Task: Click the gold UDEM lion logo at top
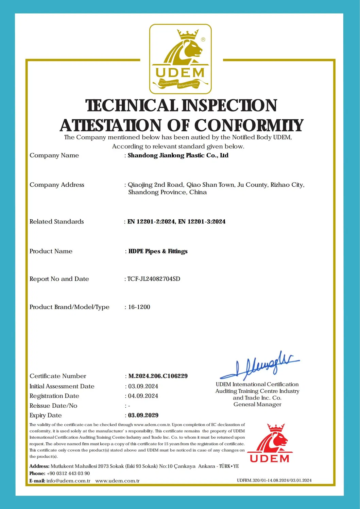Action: [180, 59]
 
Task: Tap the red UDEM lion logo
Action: [270, 443]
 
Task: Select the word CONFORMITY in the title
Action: [248, 125]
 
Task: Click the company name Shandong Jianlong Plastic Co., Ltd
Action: [178, 155]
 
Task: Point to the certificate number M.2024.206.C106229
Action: [158, 376]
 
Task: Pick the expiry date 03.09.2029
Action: [143, 415]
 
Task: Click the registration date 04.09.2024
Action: [143, 396]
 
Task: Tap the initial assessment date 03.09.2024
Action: [143, 386]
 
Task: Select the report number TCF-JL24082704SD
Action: [154, 279]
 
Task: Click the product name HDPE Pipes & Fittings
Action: [158, 251]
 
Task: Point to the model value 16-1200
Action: [139, 307]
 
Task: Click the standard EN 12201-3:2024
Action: [202, 222]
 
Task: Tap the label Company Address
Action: [57, 185]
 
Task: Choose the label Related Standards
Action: [56, 222]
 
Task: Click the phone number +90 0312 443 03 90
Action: [68, 473]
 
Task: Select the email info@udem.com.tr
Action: [68, 481]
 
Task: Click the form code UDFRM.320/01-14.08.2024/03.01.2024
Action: [274, 480]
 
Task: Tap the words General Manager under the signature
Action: [257, 404]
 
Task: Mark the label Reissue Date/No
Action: [53, 406]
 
